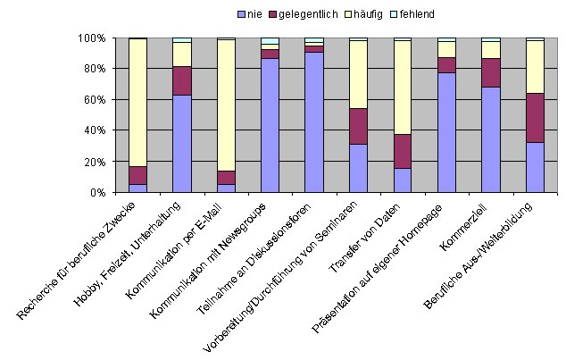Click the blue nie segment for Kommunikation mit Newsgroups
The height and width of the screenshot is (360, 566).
click(269, 125)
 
